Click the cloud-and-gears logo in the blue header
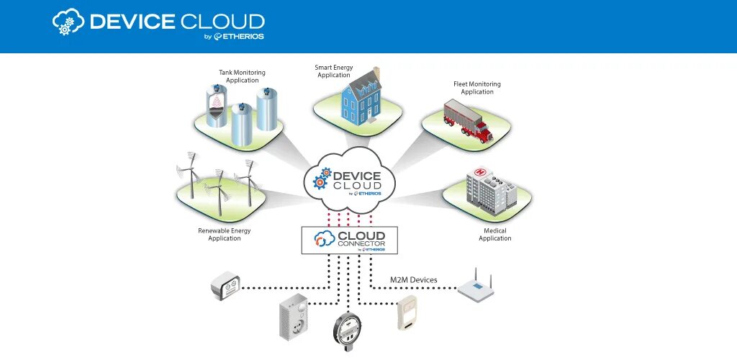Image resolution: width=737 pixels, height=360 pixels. tap(68, 22)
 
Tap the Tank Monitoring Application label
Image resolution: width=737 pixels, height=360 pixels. tap(243, 76)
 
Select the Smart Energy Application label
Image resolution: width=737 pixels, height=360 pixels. tap(333, 71)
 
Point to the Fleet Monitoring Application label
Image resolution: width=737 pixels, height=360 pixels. tap(476, 88)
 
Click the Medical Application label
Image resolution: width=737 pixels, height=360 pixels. tap(494, 235)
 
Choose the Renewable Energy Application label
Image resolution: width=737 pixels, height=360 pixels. tap(225, 235)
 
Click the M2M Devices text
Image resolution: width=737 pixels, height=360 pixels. tap(413, 280)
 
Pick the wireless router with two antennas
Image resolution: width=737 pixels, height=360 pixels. tap(476, 286)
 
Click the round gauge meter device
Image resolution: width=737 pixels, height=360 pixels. tap(348, 330)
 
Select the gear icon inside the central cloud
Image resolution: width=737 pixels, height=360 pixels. tap(322, 178)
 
